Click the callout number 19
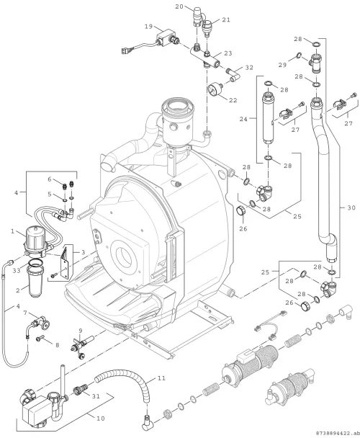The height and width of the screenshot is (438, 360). [x=148, y=27]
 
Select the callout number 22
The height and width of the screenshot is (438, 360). [x=233, y=100]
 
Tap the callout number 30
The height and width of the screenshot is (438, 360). [x=351, y=207]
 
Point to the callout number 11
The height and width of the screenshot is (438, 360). [x=161, y=378]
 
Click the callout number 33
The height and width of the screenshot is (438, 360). [x=17, y=270]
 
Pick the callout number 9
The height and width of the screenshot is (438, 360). [x=81, y=331]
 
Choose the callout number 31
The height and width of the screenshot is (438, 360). [x=96, y=396]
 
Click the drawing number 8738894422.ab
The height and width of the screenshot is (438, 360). [x=336, y=433]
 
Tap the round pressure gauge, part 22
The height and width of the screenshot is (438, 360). [x=215, y=89]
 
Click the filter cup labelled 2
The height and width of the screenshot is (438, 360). [x=35, y=280]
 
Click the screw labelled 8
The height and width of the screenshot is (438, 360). [x=40, y=339]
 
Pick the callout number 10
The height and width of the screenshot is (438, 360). [x=101, y=418]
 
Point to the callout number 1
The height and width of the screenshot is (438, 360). [x=12, y=231]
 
